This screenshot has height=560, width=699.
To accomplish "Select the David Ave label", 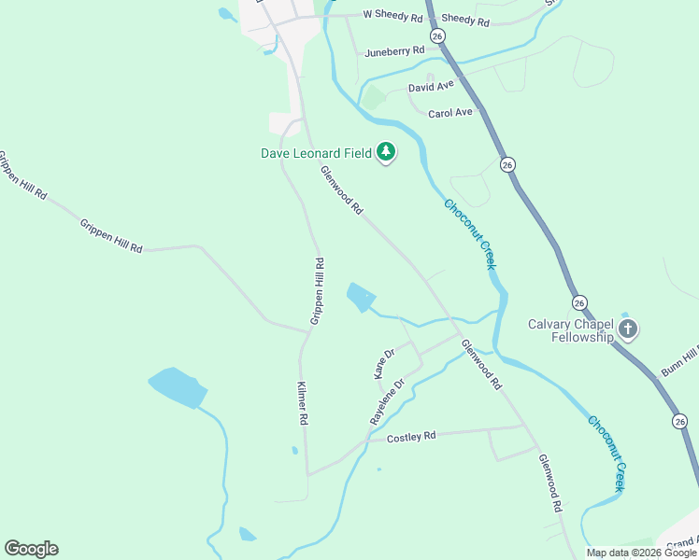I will pyautogui.click(x=431, y=86).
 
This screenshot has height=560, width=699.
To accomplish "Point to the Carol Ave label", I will pyautogui.click(x=450, y=113).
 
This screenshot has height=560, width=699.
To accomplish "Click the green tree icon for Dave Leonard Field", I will pyautogui.click(x=385, y=152).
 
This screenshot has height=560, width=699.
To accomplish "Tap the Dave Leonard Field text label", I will pyautogui.click(x=316, y=152).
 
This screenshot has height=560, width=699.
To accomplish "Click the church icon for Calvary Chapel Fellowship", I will pyautogui.click(x=627, y=329).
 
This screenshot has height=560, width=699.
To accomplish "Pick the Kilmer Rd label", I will pyautogui.click(x=303, y=403).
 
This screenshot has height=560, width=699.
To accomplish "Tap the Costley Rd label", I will pyautogui.click(x=411, y=437).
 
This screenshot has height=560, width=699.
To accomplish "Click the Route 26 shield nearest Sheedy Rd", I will pyautogui.click(x=438, y=35).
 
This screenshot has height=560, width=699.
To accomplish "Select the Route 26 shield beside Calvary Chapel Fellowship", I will pyautogui.click(x=579, y=303).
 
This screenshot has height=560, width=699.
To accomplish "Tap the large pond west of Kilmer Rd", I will pyautogui.click(x=177, y=387).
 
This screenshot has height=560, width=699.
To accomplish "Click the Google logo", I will pyautogui.click(x=31, y=549).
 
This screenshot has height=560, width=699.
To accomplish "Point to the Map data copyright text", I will pyautogui.click(x=640, y=553).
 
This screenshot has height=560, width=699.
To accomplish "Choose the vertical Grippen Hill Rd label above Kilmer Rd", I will pyautogui.click(x=319, y=291).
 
